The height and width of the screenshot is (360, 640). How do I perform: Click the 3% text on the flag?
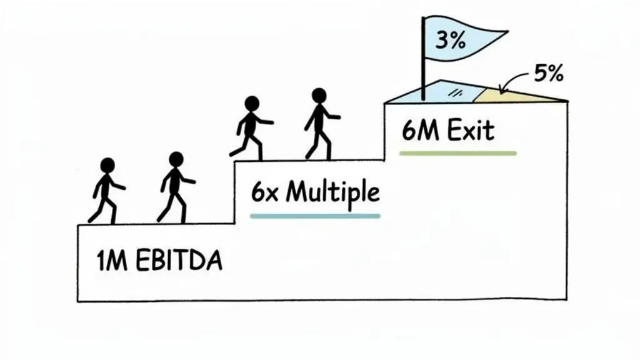(x=450, y=41)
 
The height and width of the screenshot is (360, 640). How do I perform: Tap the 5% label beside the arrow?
(x=549, y=74)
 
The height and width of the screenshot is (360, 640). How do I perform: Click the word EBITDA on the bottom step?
(x=179, y=261)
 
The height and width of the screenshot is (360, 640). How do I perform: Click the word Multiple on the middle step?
(x=332, y=192)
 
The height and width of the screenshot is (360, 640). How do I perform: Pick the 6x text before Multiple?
(x=264, y=192)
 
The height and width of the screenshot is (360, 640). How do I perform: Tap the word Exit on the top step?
(x=471, y=131)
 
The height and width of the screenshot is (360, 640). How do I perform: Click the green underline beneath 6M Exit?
(x=458, y=154)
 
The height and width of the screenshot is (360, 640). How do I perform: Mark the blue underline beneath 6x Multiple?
(x=315, y=216)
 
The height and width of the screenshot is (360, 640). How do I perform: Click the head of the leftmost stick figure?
(x=107, y=166)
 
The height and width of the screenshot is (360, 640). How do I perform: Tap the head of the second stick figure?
(x=176, y=159)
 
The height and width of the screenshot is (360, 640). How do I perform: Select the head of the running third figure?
(x=252, y=104)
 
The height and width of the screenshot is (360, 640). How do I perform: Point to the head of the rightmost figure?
(x=319, y=96)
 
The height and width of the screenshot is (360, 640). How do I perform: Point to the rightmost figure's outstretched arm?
(x=331, y=116)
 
